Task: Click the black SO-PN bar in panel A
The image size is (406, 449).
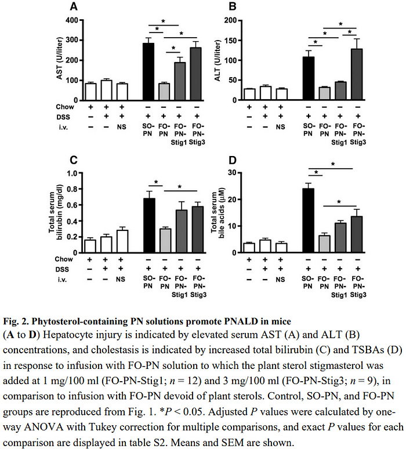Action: pos(148,72)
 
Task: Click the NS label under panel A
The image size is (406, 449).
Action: pos(121,126)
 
